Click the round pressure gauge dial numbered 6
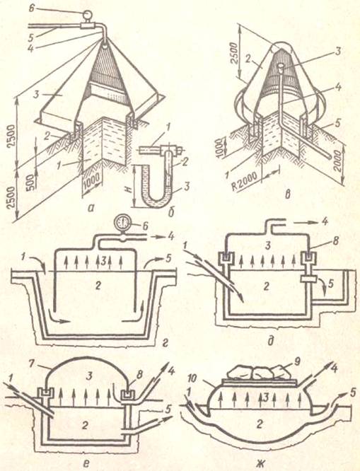pos(122,223)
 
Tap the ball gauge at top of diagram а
pos(88,14)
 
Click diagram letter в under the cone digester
pos(288,194)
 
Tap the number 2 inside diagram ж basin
pos(259,424)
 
